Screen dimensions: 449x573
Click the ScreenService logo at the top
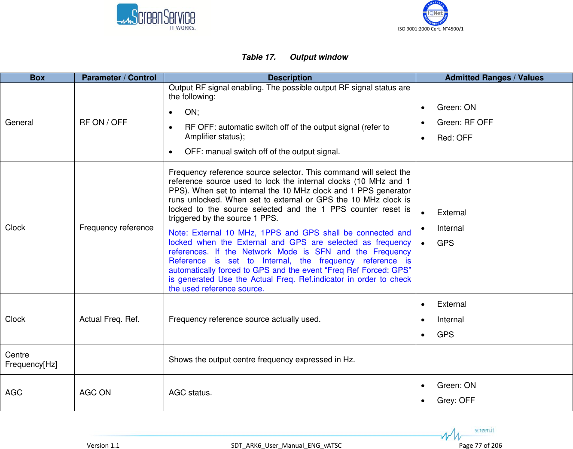[156, 17]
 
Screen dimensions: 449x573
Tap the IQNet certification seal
[435, 13]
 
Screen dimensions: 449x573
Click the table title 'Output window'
[319, 57]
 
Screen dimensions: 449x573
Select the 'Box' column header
[37, 78]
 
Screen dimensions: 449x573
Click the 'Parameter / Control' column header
[119, 78]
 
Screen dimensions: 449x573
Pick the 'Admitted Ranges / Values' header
[494, 78]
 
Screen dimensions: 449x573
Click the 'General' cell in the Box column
[19, 122]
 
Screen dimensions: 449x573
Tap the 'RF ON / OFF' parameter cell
[103, 122]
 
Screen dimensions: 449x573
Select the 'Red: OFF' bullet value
[454, 138]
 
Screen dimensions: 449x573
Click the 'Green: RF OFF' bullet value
[465, 122]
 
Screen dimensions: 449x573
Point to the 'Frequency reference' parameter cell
[116, 228]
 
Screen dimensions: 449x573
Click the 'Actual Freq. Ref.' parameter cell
[110, 319]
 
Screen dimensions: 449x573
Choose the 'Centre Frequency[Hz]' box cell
[31, 360]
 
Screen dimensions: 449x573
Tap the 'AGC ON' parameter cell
[95, 393]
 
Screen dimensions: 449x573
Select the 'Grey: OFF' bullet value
[456, 400]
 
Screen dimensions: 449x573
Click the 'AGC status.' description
[190, 393]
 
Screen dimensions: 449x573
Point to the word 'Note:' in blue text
[178, 233]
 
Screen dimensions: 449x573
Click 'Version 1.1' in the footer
[103, 445]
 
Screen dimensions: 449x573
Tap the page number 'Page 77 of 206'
[480, 445]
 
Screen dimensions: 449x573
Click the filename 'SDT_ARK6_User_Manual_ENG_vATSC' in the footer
[286, 445]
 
